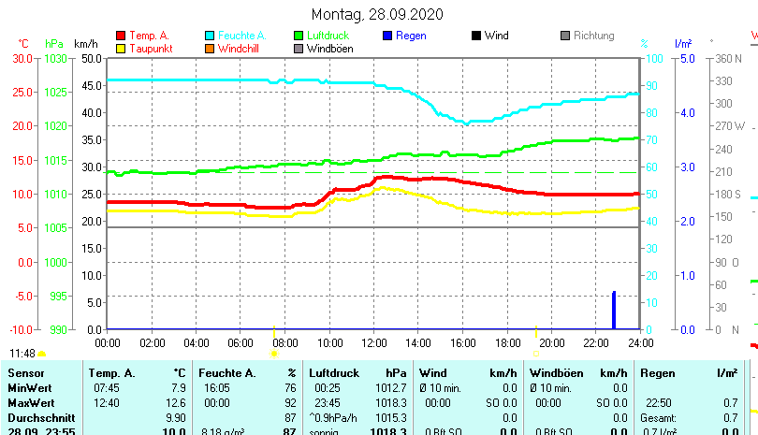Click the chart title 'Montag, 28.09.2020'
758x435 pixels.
377,14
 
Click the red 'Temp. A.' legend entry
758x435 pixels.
149,36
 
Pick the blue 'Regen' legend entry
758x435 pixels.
411,36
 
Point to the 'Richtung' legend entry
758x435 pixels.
593,36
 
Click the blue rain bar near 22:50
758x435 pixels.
614,310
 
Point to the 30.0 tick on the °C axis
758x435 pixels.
22,58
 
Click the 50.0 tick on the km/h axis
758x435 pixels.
91,58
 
